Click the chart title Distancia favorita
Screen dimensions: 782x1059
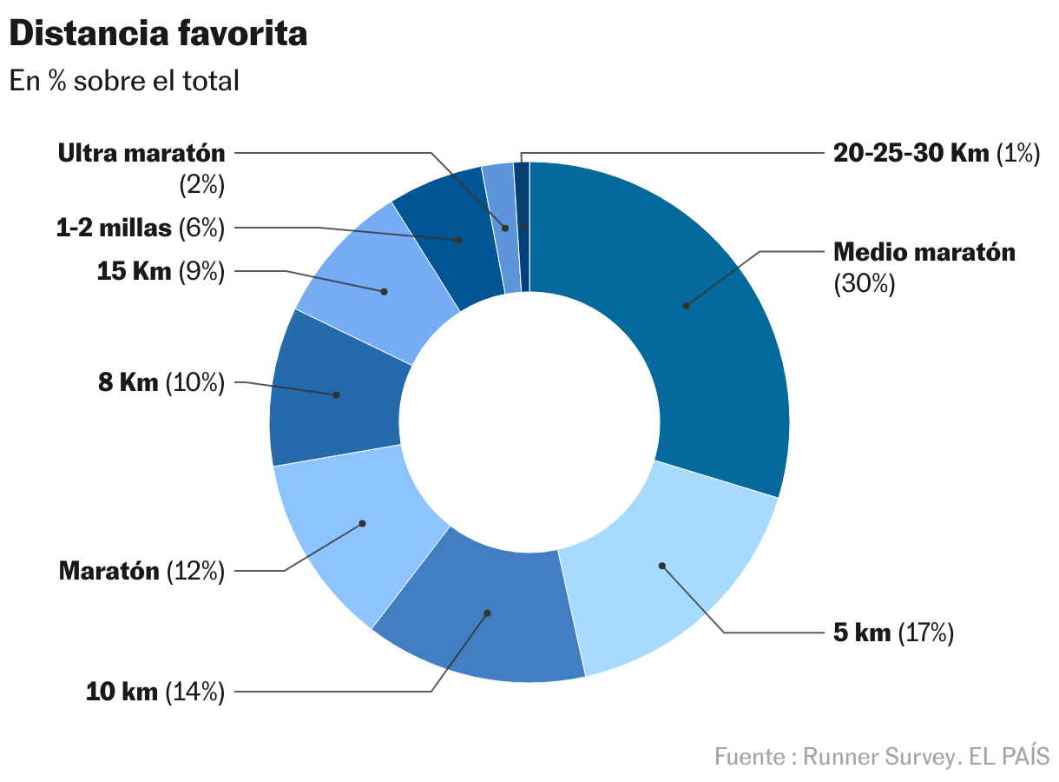pyautogui.click(x=158, y=34)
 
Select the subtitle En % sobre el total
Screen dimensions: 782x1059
pyautogui.click(x=124, y=81)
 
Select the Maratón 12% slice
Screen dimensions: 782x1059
pyautogui.click(x=356, y=530)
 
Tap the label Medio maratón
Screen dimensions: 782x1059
pyautogui.click(x=924, y=252)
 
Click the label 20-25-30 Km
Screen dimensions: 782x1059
pyautogui.click(x=911, y=153)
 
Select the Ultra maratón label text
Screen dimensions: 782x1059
pyautogui.click(x=141, y=153)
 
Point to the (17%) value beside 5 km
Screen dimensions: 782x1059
pyautogui.click(x=926, y=633)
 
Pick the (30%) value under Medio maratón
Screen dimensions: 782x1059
pyautogui.click(x=864, y=284)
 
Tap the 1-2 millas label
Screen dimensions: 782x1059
pyautogui.click(x=114, y=229)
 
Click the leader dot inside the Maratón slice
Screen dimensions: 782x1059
pyautogui.click(x=363, y=523)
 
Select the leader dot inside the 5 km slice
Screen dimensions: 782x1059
pyautogui.click(x=661, y=566)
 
